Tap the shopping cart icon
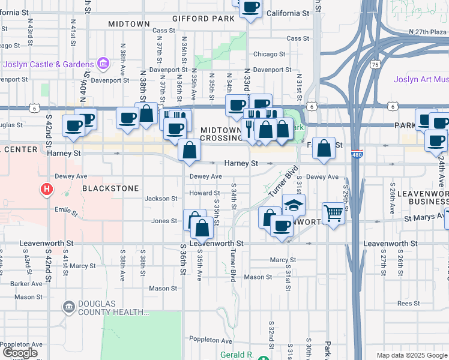click(x=333, y=213)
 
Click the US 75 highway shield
click(x=375, y=64)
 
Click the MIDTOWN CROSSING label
click(x=221, y=134)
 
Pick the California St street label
click(x=288, y=13)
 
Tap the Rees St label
click(x=408, y=304)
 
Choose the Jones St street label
click(x=164, y=221)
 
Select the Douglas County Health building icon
click(x=69, y=307)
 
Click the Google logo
click(x=20, y=353)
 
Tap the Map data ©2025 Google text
click(x=412, y=355)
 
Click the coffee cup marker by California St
click(x=250, y=8)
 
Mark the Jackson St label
click(x=161, y=199)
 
